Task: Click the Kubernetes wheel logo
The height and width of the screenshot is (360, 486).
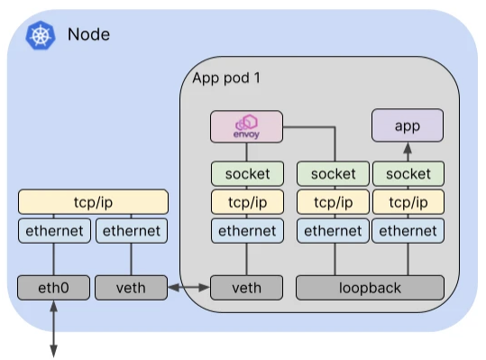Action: pos(41,35)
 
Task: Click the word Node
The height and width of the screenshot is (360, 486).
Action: pos(88,34)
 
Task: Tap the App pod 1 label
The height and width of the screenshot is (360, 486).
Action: pos(226,78)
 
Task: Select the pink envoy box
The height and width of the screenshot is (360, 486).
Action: pos(246,126)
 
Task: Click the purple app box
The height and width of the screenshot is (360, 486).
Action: pos(408,125)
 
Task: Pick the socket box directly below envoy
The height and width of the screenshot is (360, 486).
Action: pos(247,173)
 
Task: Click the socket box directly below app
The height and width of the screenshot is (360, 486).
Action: pos(408,173)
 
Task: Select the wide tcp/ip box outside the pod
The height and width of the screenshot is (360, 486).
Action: pos(93,202)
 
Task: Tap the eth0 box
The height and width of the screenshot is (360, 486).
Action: pos(53,288)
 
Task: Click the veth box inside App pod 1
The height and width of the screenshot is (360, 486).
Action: pos(247,288)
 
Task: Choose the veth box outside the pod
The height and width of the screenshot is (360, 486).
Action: pos(131,288)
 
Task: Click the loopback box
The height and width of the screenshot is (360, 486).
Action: pos(370,288)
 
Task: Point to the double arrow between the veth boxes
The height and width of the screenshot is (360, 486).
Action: pos(189,288)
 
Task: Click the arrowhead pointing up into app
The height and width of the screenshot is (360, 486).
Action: pos(408,148)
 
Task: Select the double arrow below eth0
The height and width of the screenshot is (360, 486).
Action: pos(53,328)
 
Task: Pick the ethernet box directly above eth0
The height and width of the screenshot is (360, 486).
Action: pos(54,231)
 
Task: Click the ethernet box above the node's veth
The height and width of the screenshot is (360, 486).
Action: pos(132,231)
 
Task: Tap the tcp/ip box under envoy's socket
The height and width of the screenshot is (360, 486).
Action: pos(247,202)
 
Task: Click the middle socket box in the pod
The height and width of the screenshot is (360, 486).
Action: pos(334,173)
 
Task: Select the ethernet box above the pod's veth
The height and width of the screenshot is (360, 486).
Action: pos(247,231)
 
